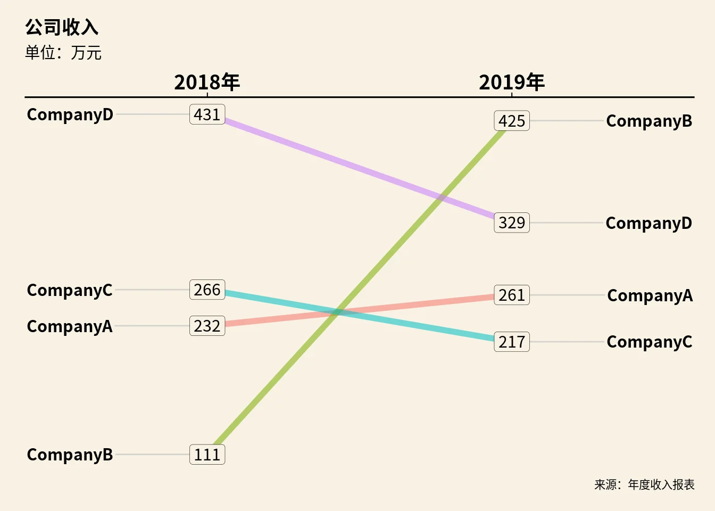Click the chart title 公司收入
pyautogui.click(x=62, y=27)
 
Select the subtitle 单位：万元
pyautogui.click(x=63, y=53)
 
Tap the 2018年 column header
pyautogui.click(x=207, y=83)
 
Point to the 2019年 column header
pyautogui.click(x=512, y=83)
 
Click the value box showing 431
pyautogui.click(x=207, y=114)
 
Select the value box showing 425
pyautogui.click(x=512, y=121)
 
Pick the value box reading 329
pyautogui.click(x=512, y=222)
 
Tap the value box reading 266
pyautogui.click(x=207, y=290)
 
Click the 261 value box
pyautogui.click(x=512, y=295)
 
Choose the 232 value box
pyautogui.click(x=207, y=326)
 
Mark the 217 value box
pyautogui.click(x=512, y=342)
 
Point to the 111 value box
pyautogui.click(x=207, y=455)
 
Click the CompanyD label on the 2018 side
pyautogui.click(x=70, y=114)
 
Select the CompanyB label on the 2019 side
pyautogui.click(x=649, y=121)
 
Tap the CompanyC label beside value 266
pyautogui.click(x=70, y=290)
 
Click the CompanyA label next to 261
pyautogui.click(x=650, y=295)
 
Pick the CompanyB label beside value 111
pyautogui.click(x=70, y=455)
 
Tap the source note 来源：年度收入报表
pyautogui.click(x=644, y=484)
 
